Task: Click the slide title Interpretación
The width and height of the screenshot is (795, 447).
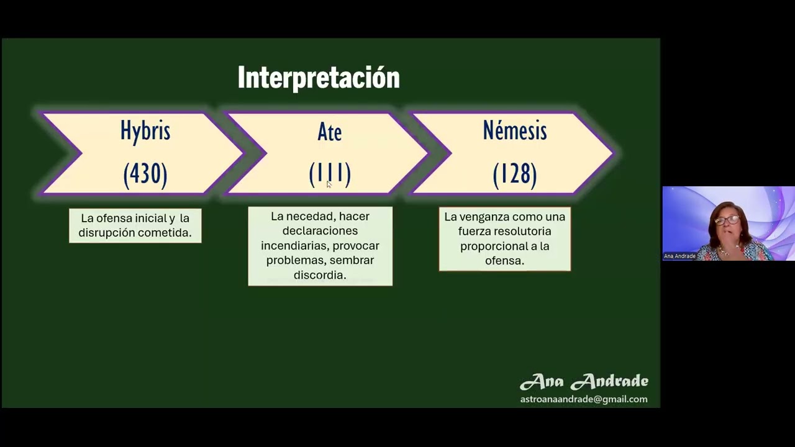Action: coord(318,78)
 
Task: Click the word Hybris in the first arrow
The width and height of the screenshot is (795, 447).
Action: coord(145,131)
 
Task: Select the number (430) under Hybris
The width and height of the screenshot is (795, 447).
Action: coord(145,174)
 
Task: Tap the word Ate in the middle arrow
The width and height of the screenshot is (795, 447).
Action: coord(329,132)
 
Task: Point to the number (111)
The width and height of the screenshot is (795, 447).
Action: coord(329,174)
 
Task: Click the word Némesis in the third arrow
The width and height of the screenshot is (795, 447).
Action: coord(514,131)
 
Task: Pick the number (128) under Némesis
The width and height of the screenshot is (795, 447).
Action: coord(514,174)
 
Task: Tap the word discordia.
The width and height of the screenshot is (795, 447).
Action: coord(320,275)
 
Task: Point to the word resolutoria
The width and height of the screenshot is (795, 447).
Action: coord(520,232)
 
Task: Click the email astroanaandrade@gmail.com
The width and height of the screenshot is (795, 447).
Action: coord(584,399)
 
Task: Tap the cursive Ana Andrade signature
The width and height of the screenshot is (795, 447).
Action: coord(584,381)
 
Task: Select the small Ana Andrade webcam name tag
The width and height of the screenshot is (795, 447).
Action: coord(679,256)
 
